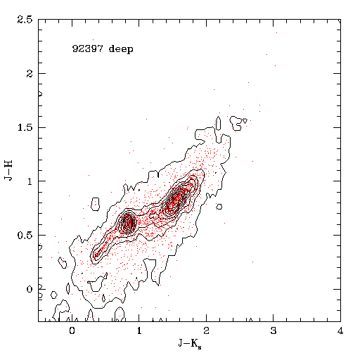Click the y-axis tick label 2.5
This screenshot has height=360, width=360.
tap(25, 20)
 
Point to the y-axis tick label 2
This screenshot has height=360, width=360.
tap(30, 74)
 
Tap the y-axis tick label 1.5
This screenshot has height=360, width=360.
tap(25, 127)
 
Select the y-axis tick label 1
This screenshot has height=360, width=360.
tap(30, 181)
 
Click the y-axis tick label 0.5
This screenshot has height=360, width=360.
tap(25, 236)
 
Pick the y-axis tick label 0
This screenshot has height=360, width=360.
tap(30, 289)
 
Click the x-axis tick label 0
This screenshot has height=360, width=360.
tap(72, 330)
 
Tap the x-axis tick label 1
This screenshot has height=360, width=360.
tap(139, 330)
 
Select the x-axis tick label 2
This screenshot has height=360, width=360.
tap(206, 330)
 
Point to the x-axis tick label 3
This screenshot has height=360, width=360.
tap(274, 330)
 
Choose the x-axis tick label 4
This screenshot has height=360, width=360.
tap(340, 330)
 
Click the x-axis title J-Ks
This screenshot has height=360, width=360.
tap(190, 344)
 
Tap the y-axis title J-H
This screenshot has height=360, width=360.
tap(8, 170)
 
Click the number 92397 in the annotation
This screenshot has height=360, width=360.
tap(87, 49)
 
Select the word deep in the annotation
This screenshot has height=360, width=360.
tap(121, 49)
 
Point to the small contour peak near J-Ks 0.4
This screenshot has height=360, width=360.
tap(98, 252)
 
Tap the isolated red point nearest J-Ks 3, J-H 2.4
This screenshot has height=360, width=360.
tap(276, 32)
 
